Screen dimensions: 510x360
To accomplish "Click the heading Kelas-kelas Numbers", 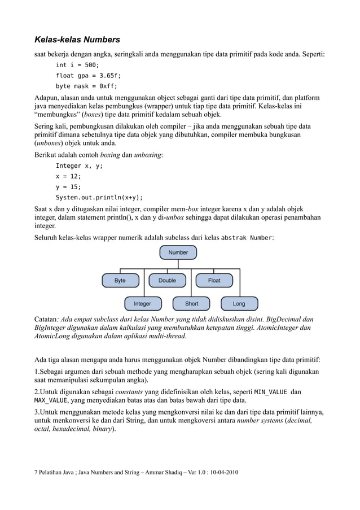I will pos(77,40).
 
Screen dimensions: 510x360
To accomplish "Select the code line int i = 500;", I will pos(77,65).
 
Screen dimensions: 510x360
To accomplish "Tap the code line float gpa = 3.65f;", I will pos(88,76).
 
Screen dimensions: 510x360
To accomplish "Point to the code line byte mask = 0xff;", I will pos(86,86).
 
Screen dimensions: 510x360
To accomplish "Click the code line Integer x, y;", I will pos(79,165).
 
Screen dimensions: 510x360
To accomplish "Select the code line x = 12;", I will pos(68,176).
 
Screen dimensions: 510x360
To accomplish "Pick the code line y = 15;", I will pos(68,187).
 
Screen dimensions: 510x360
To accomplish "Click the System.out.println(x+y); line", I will pos(99,198).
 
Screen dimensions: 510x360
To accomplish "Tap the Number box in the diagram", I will pos(178,252).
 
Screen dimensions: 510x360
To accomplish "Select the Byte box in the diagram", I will pos(120,280).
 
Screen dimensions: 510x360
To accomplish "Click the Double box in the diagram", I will pos(167,280).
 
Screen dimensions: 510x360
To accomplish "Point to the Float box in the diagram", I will pos(214,280).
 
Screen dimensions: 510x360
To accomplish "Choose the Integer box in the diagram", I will pos(142,304).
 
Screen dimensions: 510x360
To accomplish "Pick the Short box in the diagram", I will pos(192,304).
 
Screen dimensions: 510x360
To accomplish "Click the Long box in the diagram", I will pos(239,304).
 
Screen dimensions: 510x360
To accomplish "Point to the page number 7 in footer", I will pos(37,472).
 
